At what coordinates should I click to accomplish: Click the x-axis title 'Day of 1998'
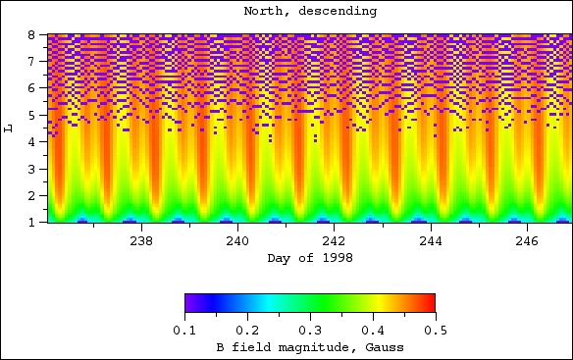point(309,257)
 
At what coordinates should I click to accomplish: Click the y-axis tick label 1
point(31,223)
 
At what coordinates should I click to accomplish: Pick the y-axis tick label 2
point(31,196)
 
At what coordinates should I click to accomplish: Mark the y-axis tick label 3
point(31,169)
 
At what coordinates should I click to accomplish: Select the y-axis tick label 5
point(31,115)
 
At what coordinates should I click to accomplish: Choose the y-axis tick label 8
point(31,35)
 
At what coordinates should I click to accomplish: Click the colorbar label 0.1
point(184,331)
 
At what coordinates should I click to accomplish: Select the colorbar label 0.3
point(309,331)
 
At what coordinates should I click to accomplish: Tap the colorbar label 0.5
point(435,331)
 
